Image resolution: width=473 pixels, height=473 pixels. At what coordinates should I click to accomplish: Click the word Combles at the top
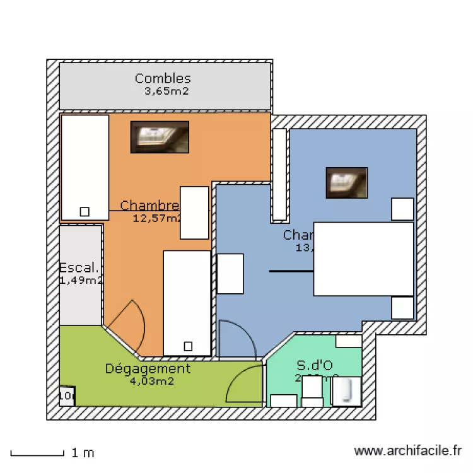[x=163, y=79]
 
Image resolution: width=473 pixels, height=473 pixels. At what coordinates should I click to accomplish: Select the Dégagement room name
[x=148, y=368]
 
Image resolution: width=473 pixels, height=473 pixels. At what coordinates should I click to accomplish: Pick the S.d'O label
[x=315, y=365]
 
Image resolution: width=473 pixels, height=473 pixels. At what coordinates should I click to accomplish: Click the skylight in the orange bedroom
[x=160, y=137]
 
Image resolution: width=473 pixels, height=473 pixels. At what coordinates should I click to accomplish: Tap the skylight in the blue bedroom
[x=346, y=182]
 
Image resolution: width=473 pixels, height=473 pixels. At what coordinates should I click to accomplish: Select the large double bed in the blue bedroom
[x=363, y=259]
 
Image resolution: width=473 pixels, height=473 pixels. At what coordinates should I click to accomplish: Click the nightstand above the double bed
[x=402, y=209]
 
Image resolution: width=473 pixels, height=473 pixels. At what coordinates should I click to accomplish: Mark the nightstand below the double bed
[x=402, y=308]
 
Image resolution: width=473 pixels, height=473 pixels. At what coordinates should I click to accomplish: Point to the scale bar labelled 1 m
[x=38, y=453]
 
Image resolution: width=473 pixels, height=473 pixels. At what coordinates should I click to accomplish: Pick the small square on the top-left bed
[x=84, y=211]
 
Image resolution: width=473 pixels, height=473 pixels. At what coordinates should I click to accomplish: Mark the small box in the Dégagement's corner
[x=67, y=395]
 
